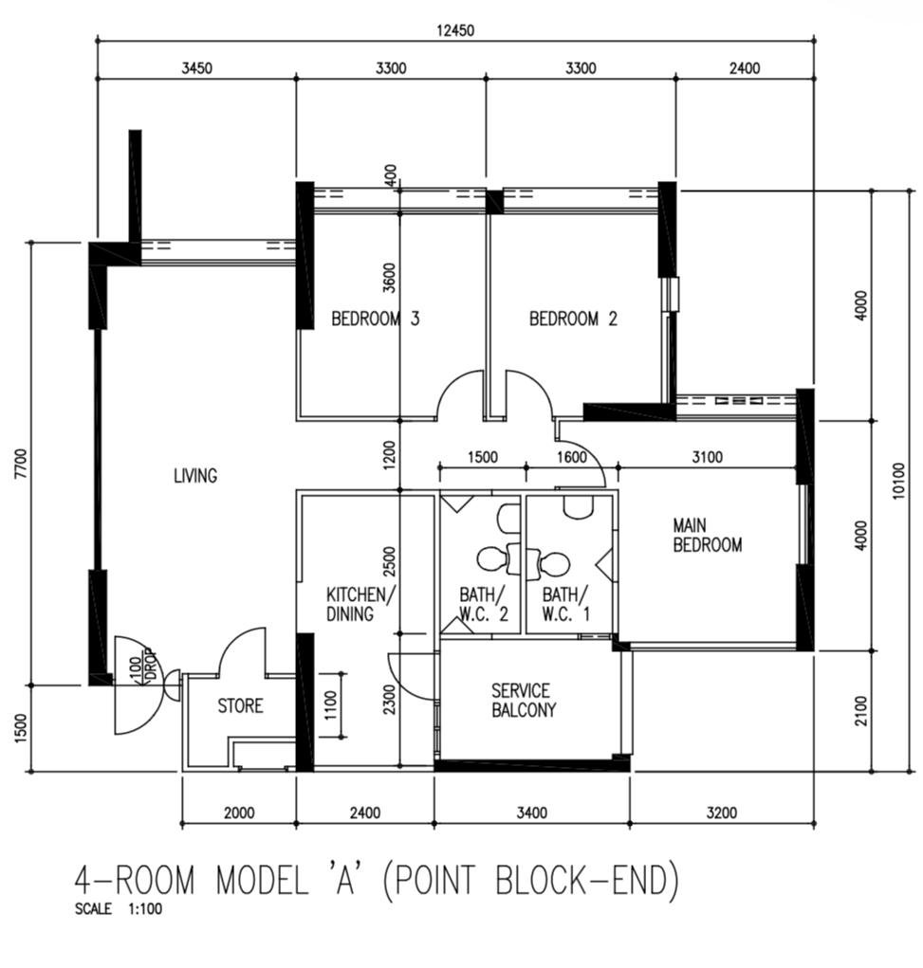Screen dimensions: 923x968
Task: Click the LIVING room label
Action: click(195, 475)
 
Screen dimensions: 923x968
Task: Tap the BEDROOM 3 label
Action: click(376, 319)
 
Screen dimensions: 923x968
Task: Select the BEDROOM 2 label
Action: click(573, 319)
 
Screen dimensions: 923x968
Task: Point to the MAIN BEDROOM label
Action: click(708, 536)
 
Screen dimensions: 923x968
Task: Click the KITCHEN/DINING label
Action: click(360, 604)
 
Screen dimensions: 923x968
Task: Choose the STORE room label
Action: click(240, 705)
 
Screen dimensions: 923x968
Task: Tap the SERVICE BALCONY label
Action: click(524, 700)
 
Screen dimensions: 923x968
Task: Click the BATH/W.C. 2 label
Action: click(484, 604)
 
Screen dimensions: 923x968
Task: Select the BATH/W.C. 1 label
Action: click(566, 604)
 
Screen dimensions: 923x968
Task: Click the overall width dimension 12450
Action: click(455, 29)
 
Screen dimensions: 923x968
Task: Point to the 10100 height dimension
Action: click(899, 480)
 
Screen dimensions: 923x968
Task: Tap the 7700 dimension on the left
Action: click(22, 464)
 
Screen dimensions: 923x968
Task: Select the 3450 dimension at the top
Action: click(196, 68)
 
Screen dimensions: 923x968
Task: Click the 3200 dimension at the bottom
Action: click(722, 813)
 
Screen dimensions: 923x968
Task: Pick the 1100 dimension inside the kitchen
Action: click(330, 705)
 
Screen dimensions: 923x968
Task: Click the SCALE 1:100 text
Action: click(118, 908)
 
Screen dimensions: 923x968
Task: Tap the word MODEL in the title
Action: click(261, 880)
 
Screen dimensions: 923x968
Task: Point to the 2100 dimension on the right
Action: click(862, 710)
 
